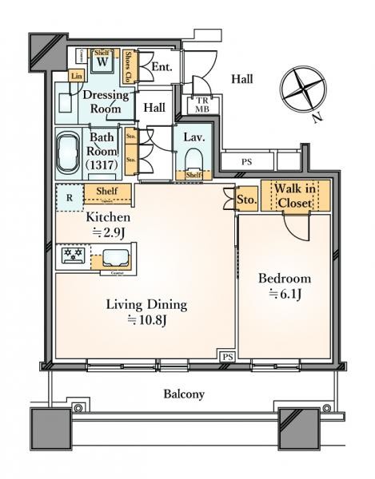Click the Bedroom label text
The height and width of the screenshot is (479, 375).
tap(285, 279)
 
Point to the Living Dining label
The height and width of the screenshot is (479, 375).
tap(146, 304)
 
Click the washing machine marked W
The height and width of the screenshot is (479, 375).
tap(103, 62)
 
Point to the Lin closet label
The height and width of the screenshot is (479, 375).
tap(77, 76)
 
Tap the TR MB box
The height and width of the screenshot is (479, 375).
tap(197, 105)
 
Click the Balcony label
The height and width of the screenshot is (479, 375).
tap(185, 394)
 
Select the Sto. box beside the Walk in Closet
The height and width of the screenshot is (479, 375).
tap(245, 200)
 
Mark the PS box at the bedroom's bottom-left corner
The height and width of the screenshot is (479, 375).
tap(228, 356)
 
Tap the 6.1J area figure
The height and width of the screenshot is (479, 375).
tap(285, 295)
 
